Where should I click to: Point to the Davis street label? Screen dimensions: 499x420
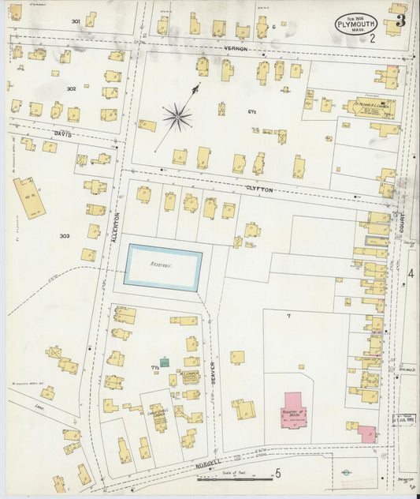coord(63,134)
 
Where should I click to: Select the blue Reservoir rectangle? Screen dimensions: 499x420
coord(163,268)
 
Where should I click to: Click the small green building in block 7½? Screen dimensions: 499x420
coord(165,361)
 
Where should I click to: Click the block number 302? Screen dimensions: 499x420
coord(71,89)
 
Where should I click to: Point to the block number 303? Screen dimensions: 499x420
coord(65,235)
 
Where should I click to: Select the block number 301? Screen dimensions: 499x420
coord(76,21)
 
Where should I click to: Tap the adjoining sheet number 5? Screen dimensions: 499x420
coord(277,474)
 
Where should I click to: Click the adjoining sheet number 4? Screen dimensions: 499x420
coord(411,273)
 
